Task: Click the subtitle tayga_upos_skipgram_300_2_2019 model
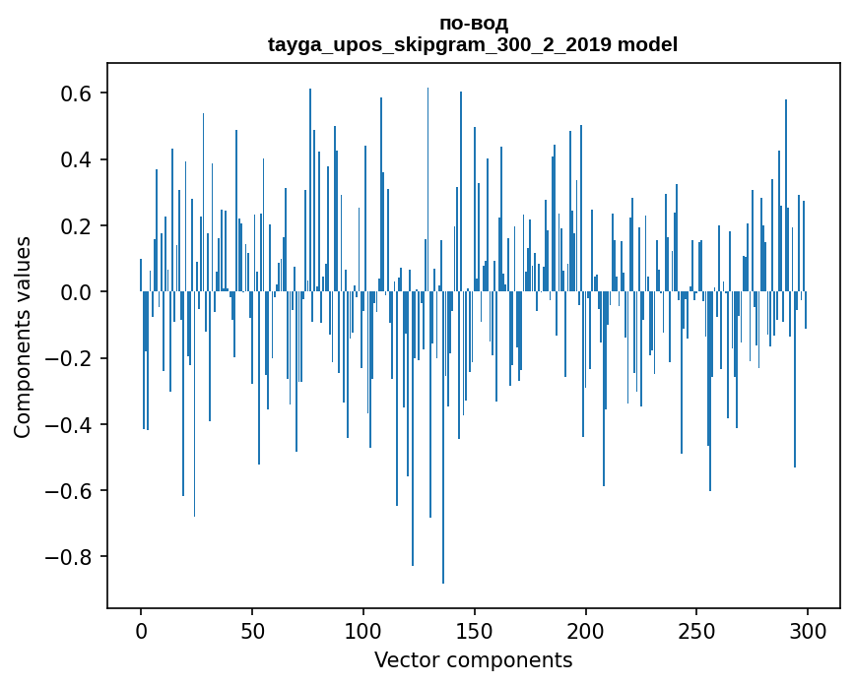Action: (473, 44)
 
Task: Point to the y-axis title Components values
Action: (22, 337)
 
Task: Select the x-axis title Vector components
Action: (473, 659)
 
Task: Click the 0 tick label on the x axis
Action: (141, 629)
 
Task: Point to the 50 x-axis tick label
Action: (252, 629)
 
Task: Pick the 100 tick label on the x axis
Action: (363, 629)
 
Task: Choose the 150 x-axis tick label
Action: (475, 629)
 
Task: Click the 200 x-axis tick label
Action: (586, 629)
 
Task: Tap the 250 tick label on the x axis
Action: (697, 629)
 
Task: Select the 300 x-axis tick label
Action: (809, 629)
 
